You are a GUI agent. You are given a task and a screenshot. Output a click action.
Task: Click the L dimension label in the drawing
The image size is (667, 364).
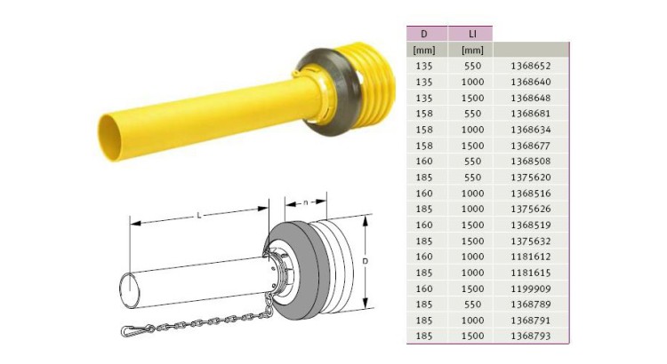coord(197,216)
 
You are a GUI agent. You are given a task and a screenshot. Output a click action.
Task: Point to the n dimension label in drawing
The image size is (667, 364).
coord(305,203)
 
